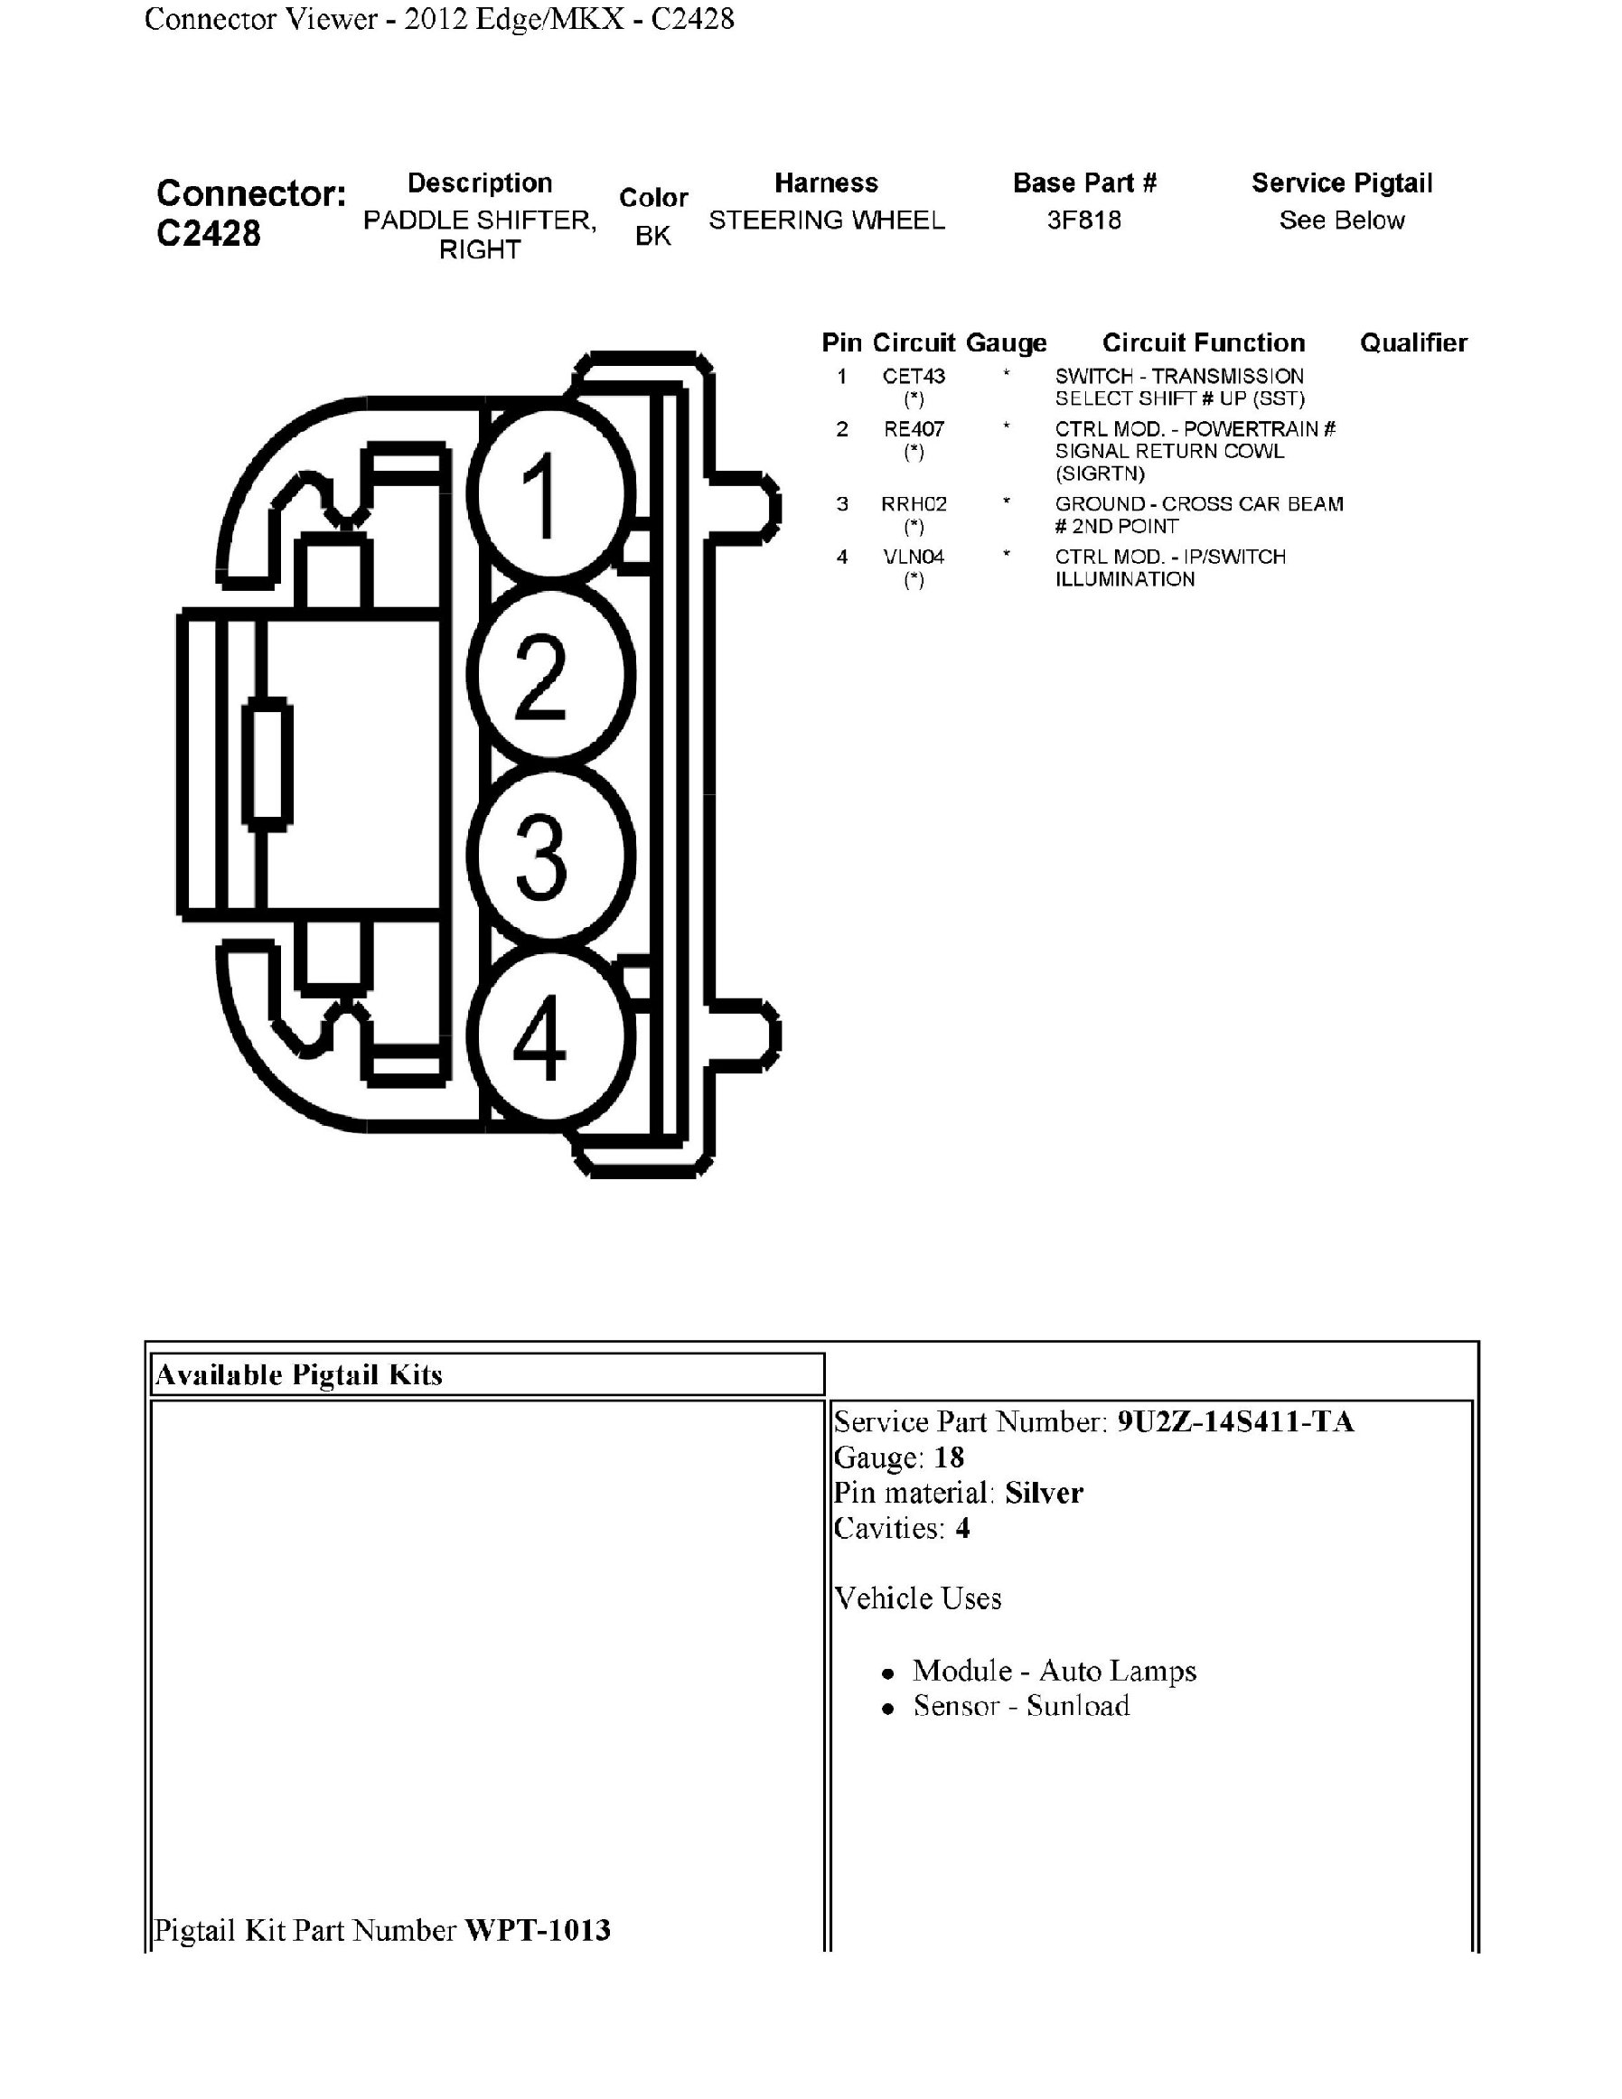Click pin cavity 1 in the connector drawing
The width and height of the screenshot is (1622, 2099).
pyautogui.click(x=550, y=493)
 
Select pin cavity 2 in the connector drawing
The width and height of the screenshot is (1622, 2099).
pyautogui.click(x=550, y=675)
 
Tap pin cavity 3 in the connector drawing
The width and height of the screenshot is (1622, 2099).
pyautogui.click(x=550, y=856)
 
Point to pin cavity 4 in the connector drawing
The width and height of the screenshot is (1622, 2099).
pyautogui.click(x=550, y=1037)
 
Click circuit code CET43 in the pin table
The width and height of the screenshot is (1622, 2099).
pyautogui.click(x=914, y=377)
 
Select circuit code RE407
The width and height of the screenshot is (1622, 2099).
pyautogui.click(x=914, y=429)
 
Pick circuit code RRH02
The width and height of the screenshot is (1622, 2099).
pyautogui.click(x=914, y=504)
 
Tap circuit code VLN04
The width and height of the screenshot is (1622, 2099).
pyautogui.click(x=914, y=558)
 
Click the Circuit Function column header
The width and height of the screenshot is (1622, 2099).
pyautogui.click(x=1203, y=343)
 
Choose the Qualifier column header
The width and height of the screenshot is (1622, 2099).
pyautogui.click(x=1412, y=343)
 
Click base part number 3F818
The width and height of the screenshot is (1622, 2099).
pyautogui.click(x=1084, y=220)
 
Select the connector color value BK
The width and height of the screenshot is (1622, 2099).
pyautogui.click(x=652, y=236)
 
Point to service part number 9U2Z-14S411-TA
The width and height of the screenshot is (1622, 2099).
pyautogui.click(x=1234, y=1422)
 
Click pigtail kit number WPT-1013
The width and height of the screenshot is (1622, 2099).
pyautogui.click(x=537, y=1931)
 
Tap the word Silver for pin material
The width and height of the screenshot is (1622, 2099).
pyautogui.click(x=1044, y=1494)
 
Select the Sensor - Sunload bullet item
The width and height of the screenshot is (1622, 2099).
pyautogui.click(x=1020, y=1706)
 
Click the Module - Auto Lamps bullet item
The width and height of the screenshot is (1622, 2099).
pyautogui.click(x=1053, y=1672)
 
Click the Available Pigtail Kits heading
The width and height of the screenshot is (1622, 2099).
pyautogui.click(x=299, y=1375)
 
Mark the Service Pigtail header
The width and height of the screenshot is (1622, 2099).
pyautogui.click(x=1341, y=183)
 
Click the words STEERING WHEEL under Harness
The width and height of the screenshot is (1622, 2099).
pyautogui.click(x=827, y=220)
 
